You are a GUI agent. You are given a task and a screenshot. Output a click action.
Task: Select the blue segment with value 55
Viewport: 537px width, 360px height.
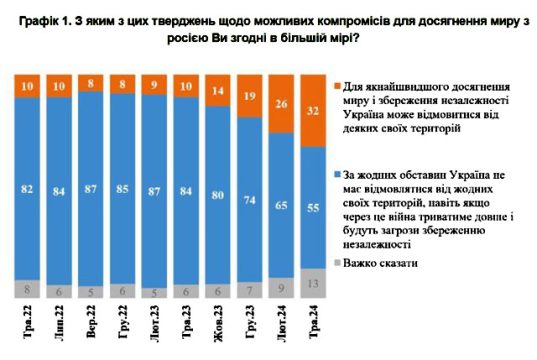click(x=313, y=207)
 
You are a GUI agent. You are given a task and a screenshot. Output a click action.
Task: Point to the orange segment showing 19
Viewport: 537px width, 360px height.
click(x=249, y=96)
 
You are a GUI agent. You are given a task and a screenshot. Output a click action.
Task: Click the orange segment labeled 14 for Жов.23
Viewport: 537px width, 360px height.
click(x=217, y=90)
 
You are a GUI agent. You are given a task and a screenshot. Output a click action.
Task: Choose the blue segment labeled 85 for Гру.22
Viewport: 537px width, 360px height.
click(x=122, y=186)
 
